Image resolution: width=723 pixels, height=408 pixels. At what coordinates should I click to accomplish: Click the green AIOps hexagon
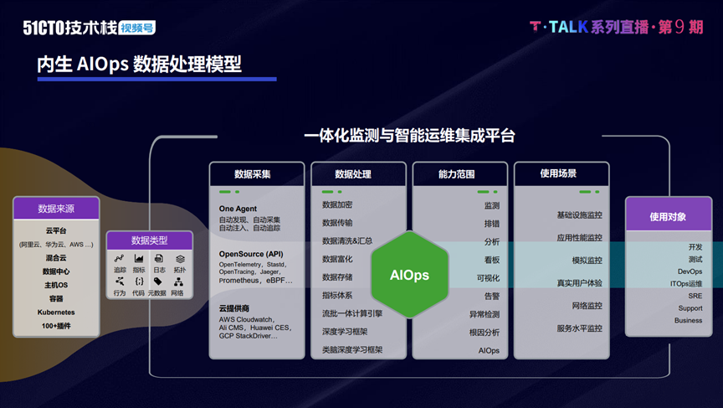click(410, 276)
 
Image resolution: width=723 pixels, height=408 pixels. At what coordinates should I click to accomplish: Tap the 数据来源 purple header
click(56, 208)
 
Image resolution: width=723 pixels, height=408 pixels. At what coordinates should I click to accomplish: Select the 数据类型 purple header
click(150, 241)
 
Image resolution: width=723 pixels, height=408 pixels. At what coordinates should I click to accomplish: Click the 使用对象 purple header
click(668, 217)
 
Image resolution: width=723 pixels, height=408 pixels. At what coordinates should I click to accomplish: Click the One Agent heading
click(238, 209)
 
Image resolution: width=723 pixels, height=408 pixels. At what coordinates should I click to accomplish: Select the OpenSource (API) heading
click(251, 254)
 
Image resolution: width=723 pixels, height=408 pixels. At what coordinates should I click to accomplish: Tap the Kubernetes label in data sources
click(56, 312)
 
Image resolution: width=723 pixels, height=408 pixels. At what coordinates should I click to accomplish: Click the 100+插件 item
click(56, 324)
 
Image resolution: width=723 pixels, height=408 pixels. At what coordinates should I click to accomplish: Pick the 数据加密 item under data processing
click(337, 205)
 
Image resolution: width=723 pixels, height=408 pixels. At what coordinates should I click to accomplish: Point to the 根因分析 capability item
click(485, 333)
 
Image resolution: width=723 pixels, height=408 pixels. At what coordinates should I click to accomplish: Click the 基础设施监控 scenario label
click(579, 215)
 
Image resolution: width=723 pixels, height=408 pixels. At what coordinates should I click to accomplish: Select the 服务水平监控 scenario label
click(579, 328)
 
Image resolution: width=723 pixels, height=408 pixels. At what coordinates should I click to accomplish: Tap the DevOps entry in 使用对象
click(690, 271)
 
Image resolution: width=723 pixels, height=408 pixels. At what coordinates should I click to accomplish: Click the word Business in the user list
click(688, 320)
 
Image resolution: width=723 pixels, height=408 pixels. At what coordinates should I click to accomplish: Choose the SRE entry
click(695, 296)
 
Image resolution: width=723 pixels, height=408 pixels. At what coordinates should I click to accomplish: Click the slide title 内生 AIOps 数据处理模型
click(139, 65)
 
